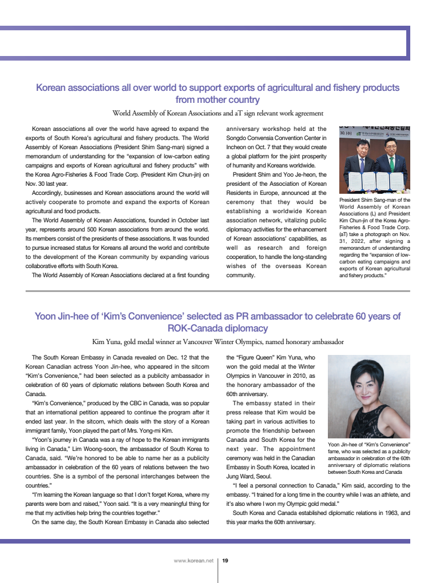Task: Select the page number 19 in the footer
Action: pyautogui.click(x=225, y=561)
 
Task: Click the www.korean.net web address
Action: pyautogui.click(x=193, y=561)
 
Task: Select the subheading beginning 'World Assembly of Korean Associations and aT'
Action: pyautogui.click(x=218, y=113)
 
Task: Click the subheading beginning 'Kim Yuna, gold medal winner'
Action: pyautogui.click(x=218, y=342)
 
